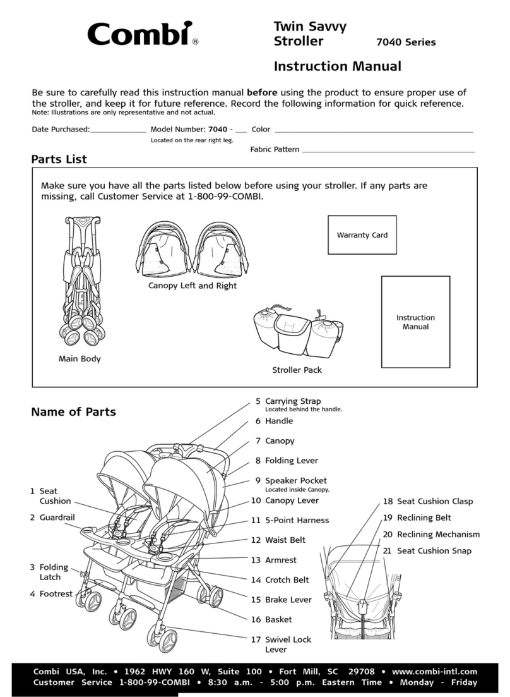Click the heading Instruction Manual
coord(337,66)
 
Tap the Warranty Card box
coord(362,235)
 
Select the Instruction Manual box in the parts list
coord(415,322)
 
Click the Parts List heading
coord(59,160)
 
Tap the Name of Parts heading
coord(73,412)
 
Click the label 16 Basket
coord(272,620)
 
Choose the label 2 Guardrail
coord(52,518)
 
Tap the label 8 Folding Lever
coord(285,461)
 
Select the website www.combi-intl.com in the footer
coord(435,672)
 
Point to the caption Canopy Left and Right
coord(193,286)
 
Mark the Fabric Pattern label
coord(275,150)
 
